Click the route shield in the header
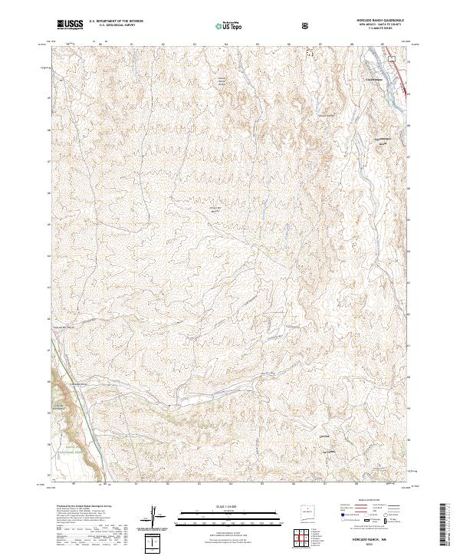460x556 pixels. click(306, 25)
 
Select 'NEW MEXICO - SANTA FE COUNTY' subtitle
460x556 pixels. click(376, 25)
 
